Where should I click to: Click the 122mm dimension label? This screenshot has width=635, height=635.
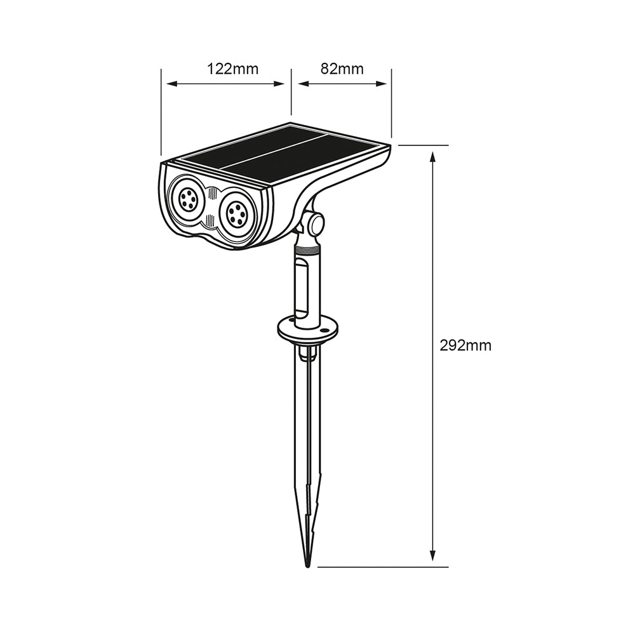(x=232, y=69)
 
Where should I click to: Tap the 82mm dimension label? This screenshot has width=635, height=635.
(x=342, y=69)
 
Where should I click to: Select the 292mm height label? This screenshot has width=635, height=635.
(x=465, y=345)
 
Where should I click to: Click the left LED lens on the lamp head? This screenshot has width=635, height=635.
(x=187, y=199)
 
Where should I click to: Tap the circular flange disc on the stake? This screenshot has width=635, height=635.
(x=308, y=328)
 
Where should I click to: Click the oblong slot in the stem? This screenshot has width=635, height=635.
(x=301, y=289)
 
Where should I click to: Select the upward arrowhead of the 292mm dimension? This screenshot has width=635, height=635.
(x=433, y=156)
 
